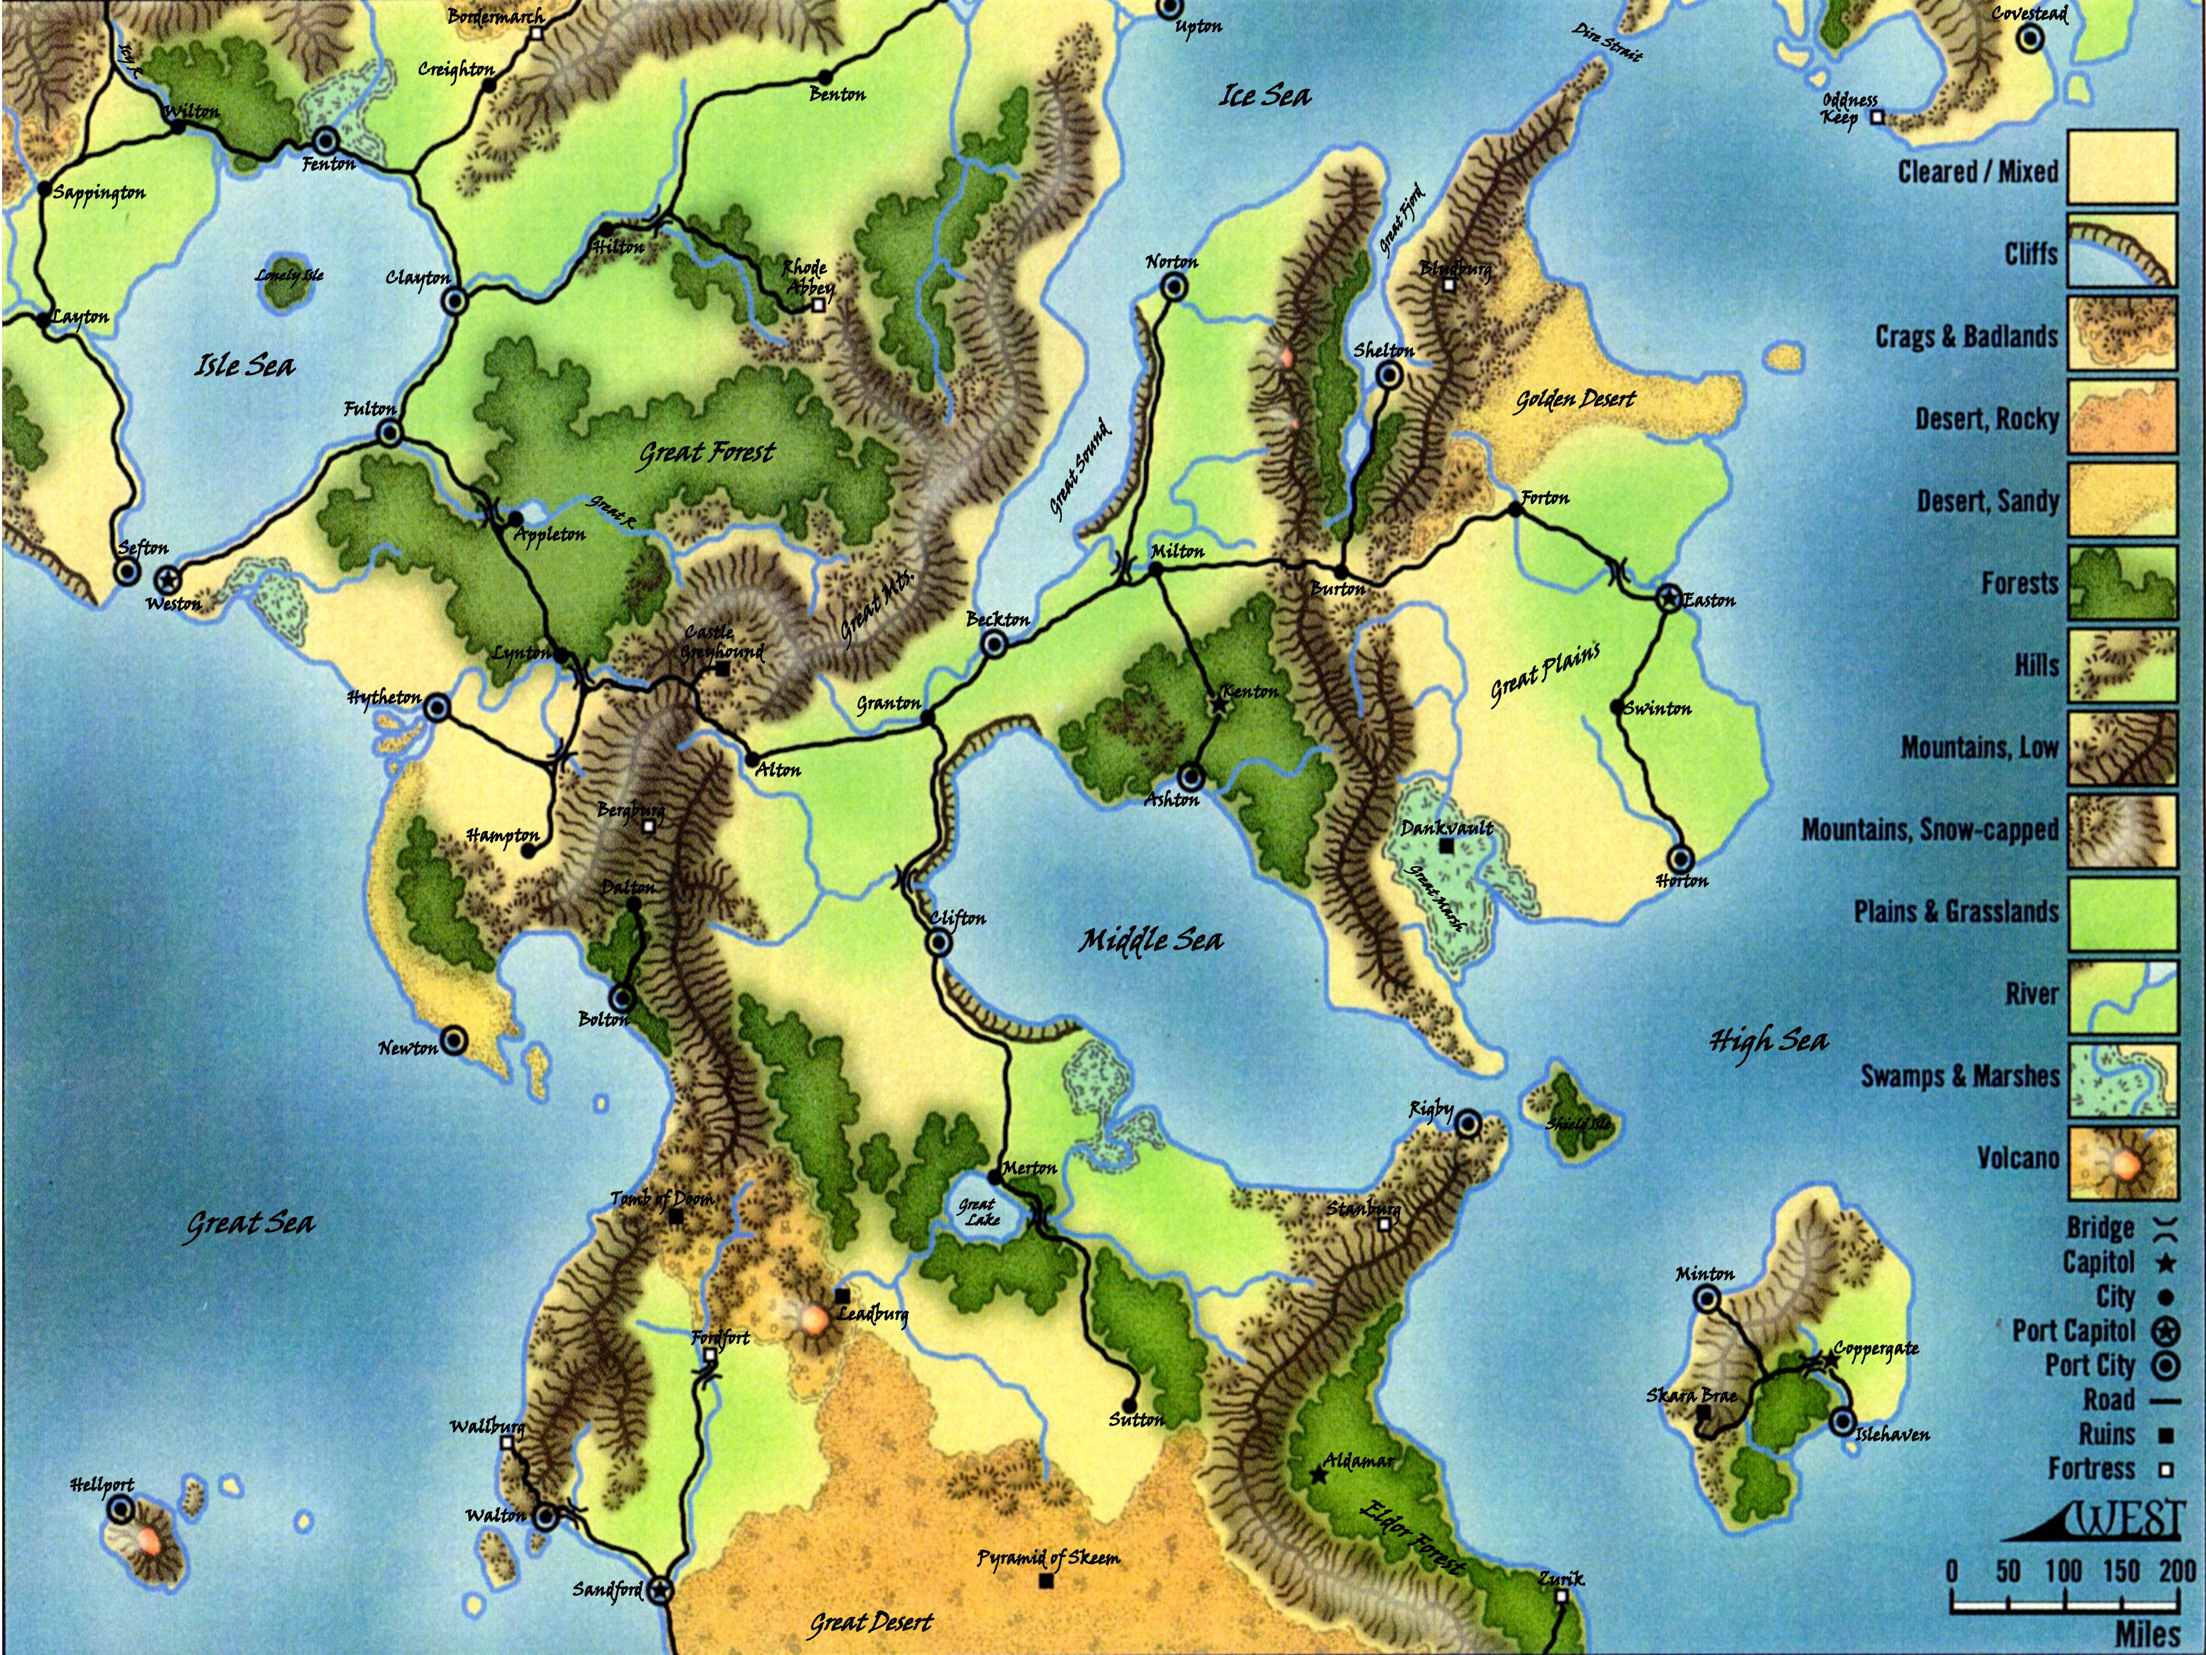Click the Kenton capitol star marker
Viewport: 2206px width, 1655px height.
click(1218, 703)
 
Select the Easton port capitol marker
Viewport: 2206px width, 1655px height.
click(1668, 599)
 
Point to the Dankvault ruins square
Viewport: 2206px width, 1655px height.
click(1446, 846)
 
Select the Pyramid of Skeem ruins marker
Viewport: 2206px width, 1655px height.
click(1045, 1581)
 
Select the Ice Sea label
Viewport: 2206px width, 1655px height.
click(1264, 96)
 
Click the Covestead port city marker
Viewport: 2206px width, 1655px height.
click(2030, 40)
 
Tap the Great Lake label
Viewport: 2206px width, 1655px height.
click(978, 1211)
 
